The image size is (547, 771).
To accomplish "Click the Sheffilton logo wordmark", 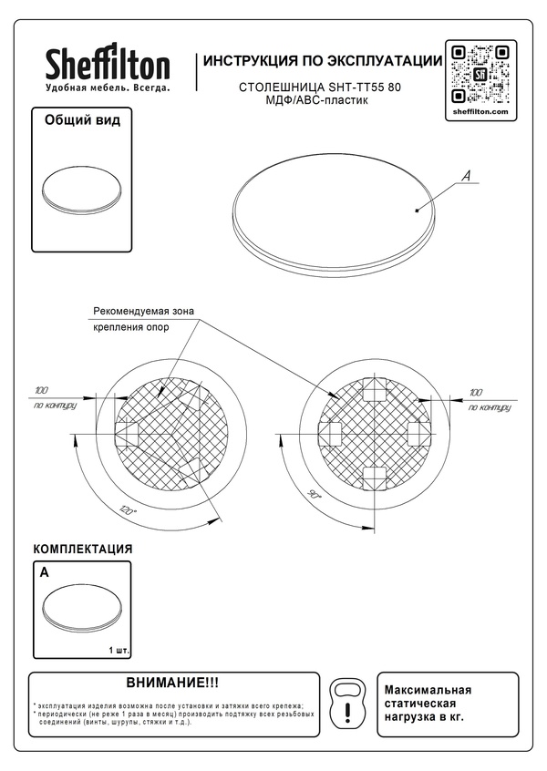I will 108,66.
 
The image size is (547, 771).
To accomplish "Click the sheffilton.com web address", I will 480,109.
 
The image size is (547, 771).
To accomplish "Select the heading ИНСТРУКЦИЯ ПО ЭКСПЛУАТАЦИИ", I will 324,61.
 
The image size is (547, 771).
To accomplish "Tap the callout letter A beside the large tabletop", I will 464,178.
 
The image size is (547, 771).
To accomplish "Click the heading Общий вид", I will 83,119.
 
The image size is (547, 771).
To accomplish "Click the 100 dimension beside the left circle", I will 40,390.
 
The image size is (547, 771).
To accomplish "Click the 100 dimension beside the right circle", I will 474,391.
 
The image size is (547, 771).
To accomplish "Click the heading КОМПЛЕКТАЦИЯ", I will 83,550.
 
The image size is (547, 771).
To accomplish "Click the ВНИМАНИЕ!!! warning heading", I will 173,683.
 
